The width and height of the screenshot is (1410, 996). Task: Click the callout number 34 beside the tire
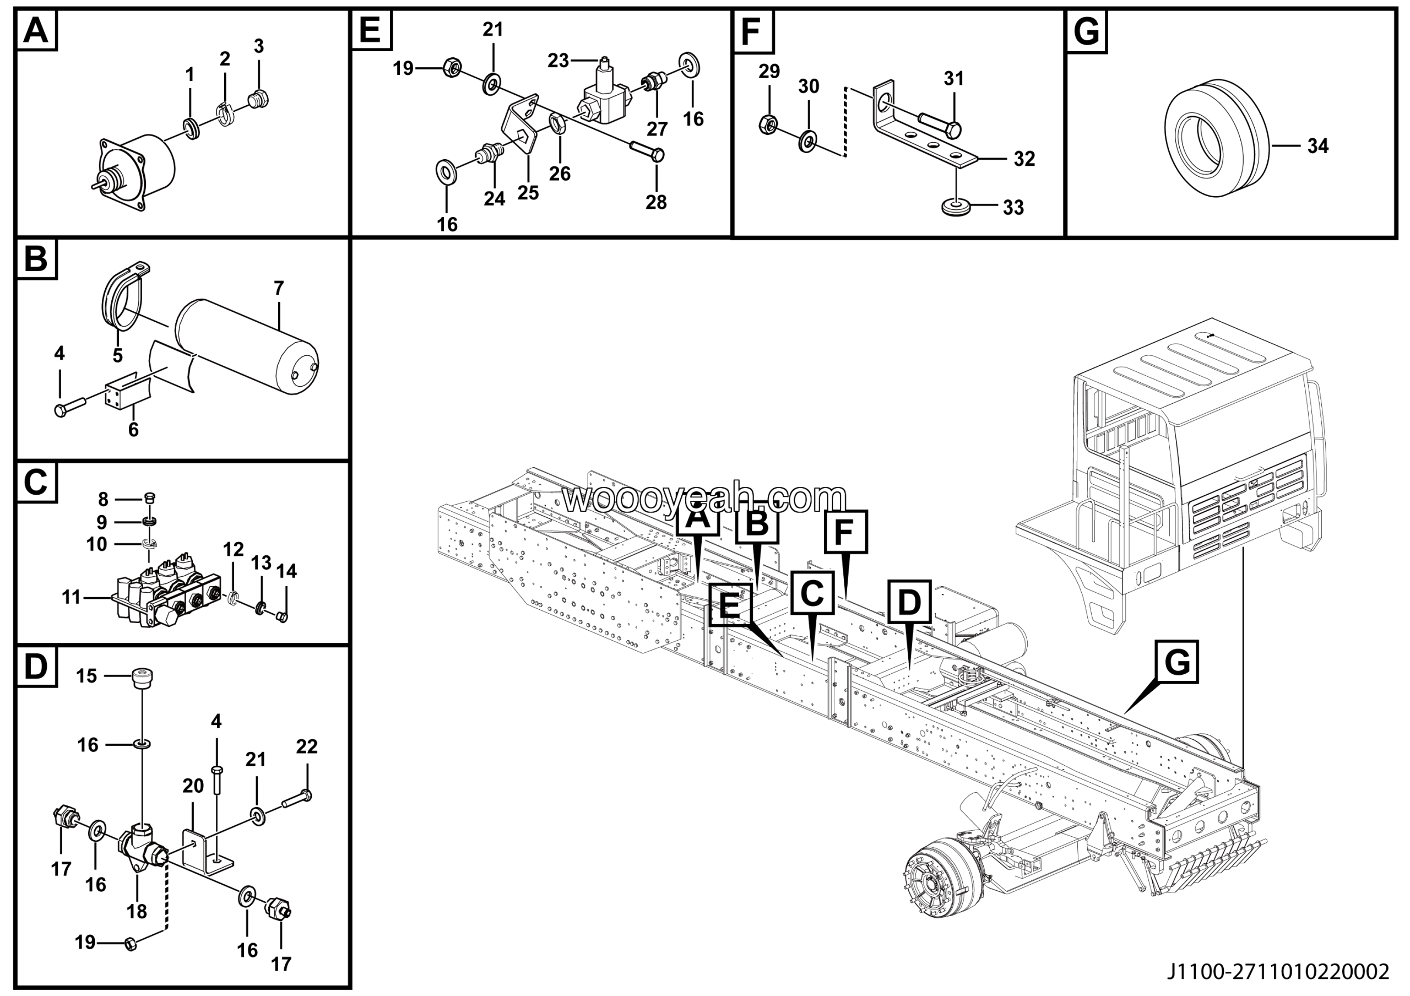[1317, 146]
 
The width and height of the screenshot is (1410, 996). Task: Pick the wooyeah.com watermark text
[704, 499]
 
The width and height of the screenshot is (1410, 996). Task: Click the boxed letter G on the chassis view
[1176, 662]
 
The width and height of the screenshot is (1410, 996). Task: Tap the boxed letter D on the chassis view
[909, 602]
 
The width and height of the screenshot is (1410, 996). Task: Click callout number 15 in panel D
[86, 676]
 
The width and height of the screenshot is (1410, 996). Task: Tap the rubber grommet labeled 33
[956, 207]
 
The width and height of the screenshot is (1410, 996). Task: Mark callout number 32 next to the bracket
[1024, 159]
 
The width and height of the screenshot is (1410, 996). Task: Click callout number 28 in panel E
[656, 202]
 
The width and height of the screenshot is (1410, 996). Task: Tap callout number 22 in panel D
[306, 746]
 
